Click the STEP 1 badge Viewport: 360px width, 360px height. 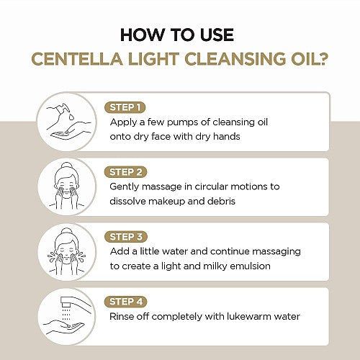coord(125,107)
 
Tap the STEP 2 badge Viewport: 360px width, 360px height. coord(125,172)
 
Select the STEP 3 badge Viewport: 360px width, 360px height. coord(126,237)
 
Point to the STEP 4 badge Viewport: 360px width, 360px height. coord(126,302)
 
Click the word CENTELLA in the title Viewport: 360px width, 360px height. coord(77,59)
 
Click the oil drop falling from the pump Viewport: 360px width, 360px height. coord(71,117)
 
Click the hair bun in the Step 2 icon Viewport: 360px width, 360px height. coord(67,166)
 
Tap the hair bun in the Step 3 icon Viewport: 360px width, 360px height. coord(67,231)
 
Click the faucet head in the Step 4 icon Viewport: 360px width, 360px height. coord(66,302)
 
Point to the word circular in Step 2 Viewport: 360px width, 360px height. coord(211,186)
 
